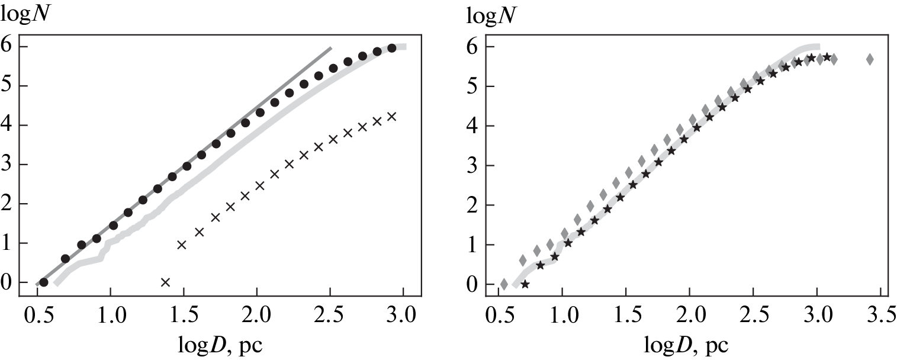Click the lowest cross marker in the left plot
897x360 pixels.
165,282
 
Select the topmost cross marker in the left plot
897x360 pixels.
391,117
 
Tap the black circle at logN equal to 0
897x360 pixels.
43,282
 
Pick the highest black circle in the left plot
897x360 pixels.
391,48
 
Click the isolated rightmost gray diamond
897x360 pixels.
870,59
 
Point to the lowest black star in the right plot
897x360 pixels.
525,284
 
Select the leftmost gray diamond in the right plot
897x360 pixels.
504,284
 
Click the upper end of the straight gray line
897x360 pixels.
330,47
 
